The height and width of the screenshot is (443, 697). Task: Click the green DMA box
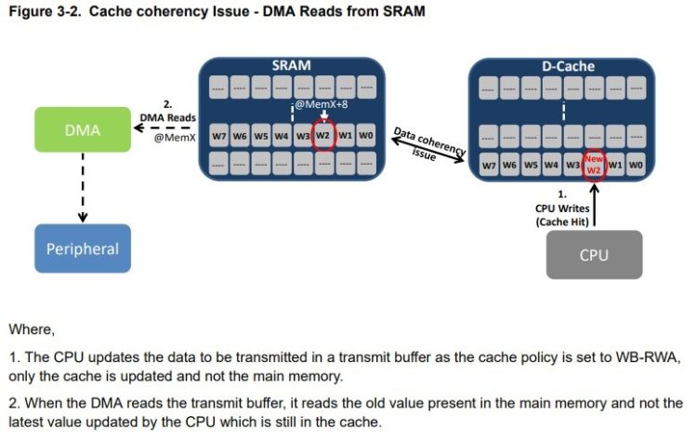[82, 130]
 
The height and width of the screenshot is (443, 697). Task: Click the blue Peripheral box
[82, 248]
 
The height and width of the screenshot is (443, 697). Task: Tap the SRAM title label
[291, 66]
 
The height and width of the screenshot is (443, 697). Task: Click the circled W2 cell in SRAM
[323, 135]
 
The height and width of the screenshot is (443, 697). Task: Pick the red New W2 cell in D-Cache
[594, 166]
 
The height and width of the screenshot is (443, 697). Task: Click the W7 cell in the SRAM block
[219, 135]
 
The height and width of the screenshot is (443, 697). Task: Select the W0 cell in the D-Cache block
[636, 166]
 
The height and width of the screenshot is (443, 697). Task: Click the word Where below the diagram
[31, 329]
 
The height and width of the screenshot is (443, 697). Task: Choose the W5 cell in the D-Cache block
[531, 166]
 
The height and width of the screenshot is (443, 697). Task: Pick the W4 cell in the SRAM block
[282, 135]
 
